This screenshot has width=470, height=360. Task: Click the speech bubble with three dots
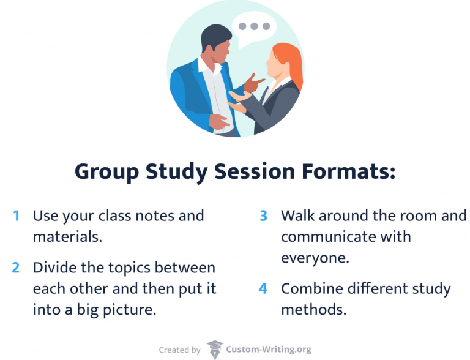[254, 28]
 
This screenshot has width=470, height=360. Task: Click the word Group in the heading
[106, 172]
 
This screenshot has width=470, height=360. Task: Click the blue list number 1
[17, 216]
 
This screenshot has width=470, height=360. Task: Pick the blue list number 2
[17, 268]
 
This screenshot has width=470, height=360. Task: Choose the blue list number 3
[264, 216]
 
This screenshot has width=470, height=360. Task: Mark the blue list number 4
[264, 289]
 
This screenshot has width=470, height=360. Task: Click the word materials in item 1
[67, 237]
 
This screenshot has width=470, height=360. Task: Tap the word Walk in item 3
[297, 216]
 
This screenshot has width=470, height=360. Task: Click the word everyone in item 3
[315, 258]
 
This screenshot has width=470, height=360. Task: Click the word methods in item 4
[313, 310]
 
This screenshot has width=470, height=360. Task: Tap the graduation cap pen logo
[215, 350]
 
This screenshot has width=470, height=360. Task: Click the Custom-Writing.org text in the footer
[269, 350]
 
